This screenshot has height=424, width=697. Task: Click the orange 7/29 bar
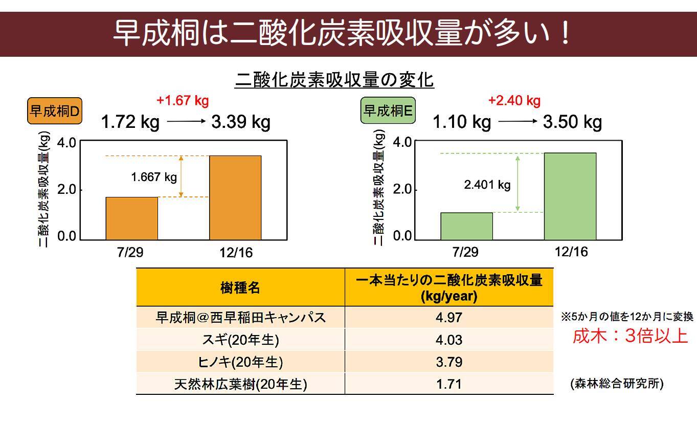[131, 218]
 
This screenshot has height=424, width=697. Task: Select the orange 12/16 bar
[235, 197]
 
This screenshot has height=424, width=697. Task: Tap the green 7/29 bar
[466, 226]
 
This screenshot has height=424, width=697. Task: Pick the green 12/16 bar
[570, 196]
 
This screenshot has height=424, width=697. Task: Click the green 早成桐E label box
[388, 111]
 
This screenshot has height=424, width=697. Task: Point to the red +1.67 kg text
[183, 100]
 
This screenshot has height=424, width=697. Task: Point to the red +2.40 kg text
[514, 100]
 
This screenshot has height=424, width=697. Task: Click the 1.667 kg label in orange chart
[154, 177]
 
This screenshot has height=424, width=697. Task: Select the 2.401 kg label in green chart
[487, 185]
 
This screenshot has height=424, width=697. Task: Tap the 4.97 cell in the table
[449, 317]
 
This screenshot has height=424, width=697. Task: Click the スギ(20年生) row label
[240, 340]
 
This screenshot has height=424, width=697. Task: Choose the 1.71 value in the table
[449, 384]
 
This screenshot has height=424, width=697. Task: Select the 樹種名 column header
[240, 287]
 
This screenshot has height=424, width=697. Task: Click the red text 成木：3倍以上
[629, 337]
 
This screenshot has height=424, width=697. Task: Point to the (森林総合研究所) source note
[617, 384]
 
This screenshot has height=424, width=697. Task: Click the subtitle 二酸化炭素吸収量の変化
[334, 80]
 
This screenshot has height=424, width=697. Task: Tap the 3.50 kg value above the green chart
[572, 122]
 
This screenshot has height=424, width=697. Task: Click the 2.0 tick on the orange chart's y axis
[66, 190]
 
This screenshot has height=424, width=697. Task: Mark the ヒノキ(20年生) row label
[240, 362]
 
